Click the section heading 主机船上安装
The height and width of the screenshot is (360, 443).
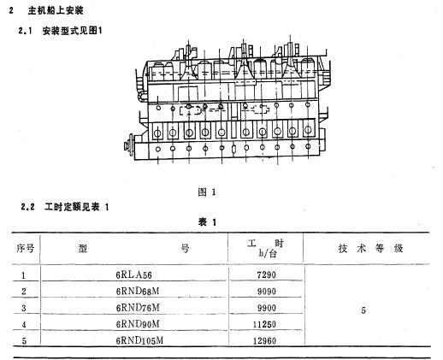coord(56,11)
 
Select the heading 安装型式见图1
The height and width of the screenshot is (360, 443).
coord(72,31)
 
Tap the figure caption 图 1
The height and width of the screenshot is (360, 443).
coord(207,192)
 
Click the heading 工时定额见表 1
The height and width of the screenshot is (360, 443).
coord(77,207)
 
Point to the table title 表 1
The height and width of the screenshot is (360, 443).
coord(207,222)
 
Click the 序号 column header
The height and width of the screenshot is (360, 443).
coord(25,248)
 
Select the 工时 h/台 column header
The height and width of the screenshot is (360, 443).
coord(266,248)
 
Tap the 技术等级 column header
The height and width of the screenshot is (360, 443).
coord(370,248)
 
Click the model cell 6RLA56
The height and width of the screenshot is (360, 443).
coord(133,274)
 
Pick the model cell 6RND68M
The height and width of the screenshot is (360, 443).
coord(138,291)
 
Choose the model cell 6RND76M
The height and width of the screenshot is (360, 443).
coord(138,308)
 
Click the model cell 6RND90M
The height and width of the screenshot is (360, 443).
coord(138,324)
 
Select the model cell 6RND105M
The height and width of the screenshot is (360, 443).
coord(139,340)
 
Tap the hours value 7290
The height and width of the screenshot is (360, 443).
coord(267,274)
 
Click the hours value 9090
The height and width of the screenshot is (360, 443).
coord(267,292)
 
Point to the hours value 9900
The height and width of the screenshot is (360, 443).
coord(267,308)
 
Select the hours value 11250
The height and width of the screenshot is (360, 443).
coord(264,324)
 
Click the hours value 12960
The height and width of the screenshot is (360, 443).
coord(264,340)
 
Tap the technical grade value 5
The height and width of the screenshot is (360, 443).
coord(363,310)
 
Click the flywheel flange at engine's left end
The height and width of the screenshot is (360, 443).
coord(129,145)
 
